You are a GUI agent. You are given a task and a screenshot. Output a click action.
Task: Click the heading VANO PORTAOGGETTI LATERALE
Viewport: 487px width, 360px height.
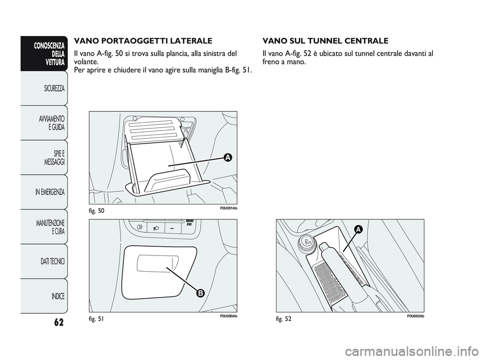tap(143, 41)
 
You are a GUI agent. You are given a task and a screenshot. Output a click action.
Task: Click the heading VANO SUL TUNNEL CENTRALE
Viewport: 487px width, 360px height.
tap(325, 41)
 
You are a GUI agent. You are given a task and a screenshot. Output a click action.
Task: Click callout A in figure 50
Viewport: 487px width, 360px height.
tap(228, 157)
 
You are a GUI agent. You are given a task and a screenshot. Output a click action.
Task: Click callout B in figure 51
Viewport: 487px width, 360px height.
tap(201, 293)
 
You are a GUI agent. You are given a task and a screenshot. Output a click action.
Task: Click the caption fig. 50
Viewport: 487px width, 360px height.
tap(96, 211)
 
